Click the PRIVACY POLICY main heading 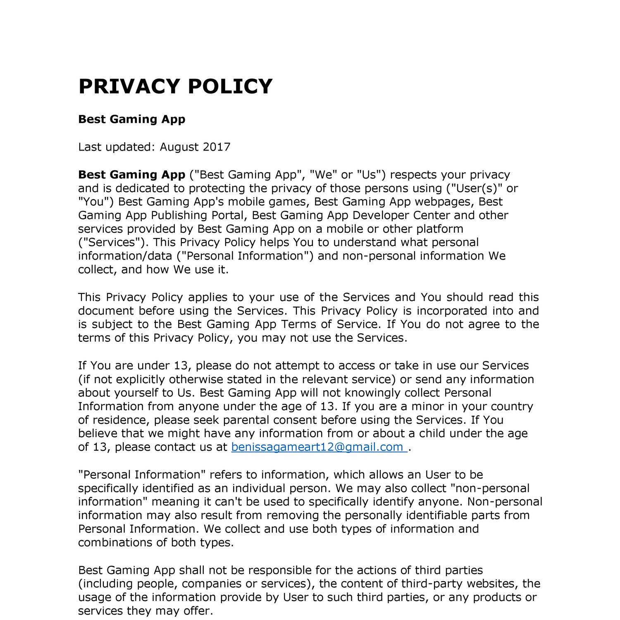pos(175,86)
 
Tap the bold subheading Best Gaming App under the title pos(131,119)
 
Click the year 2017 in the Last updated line pos(216,147)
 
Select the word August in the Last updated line pos(179,147)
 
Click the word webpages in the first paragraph pos(444,202)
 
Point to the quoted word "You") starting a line pos(96,202)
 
